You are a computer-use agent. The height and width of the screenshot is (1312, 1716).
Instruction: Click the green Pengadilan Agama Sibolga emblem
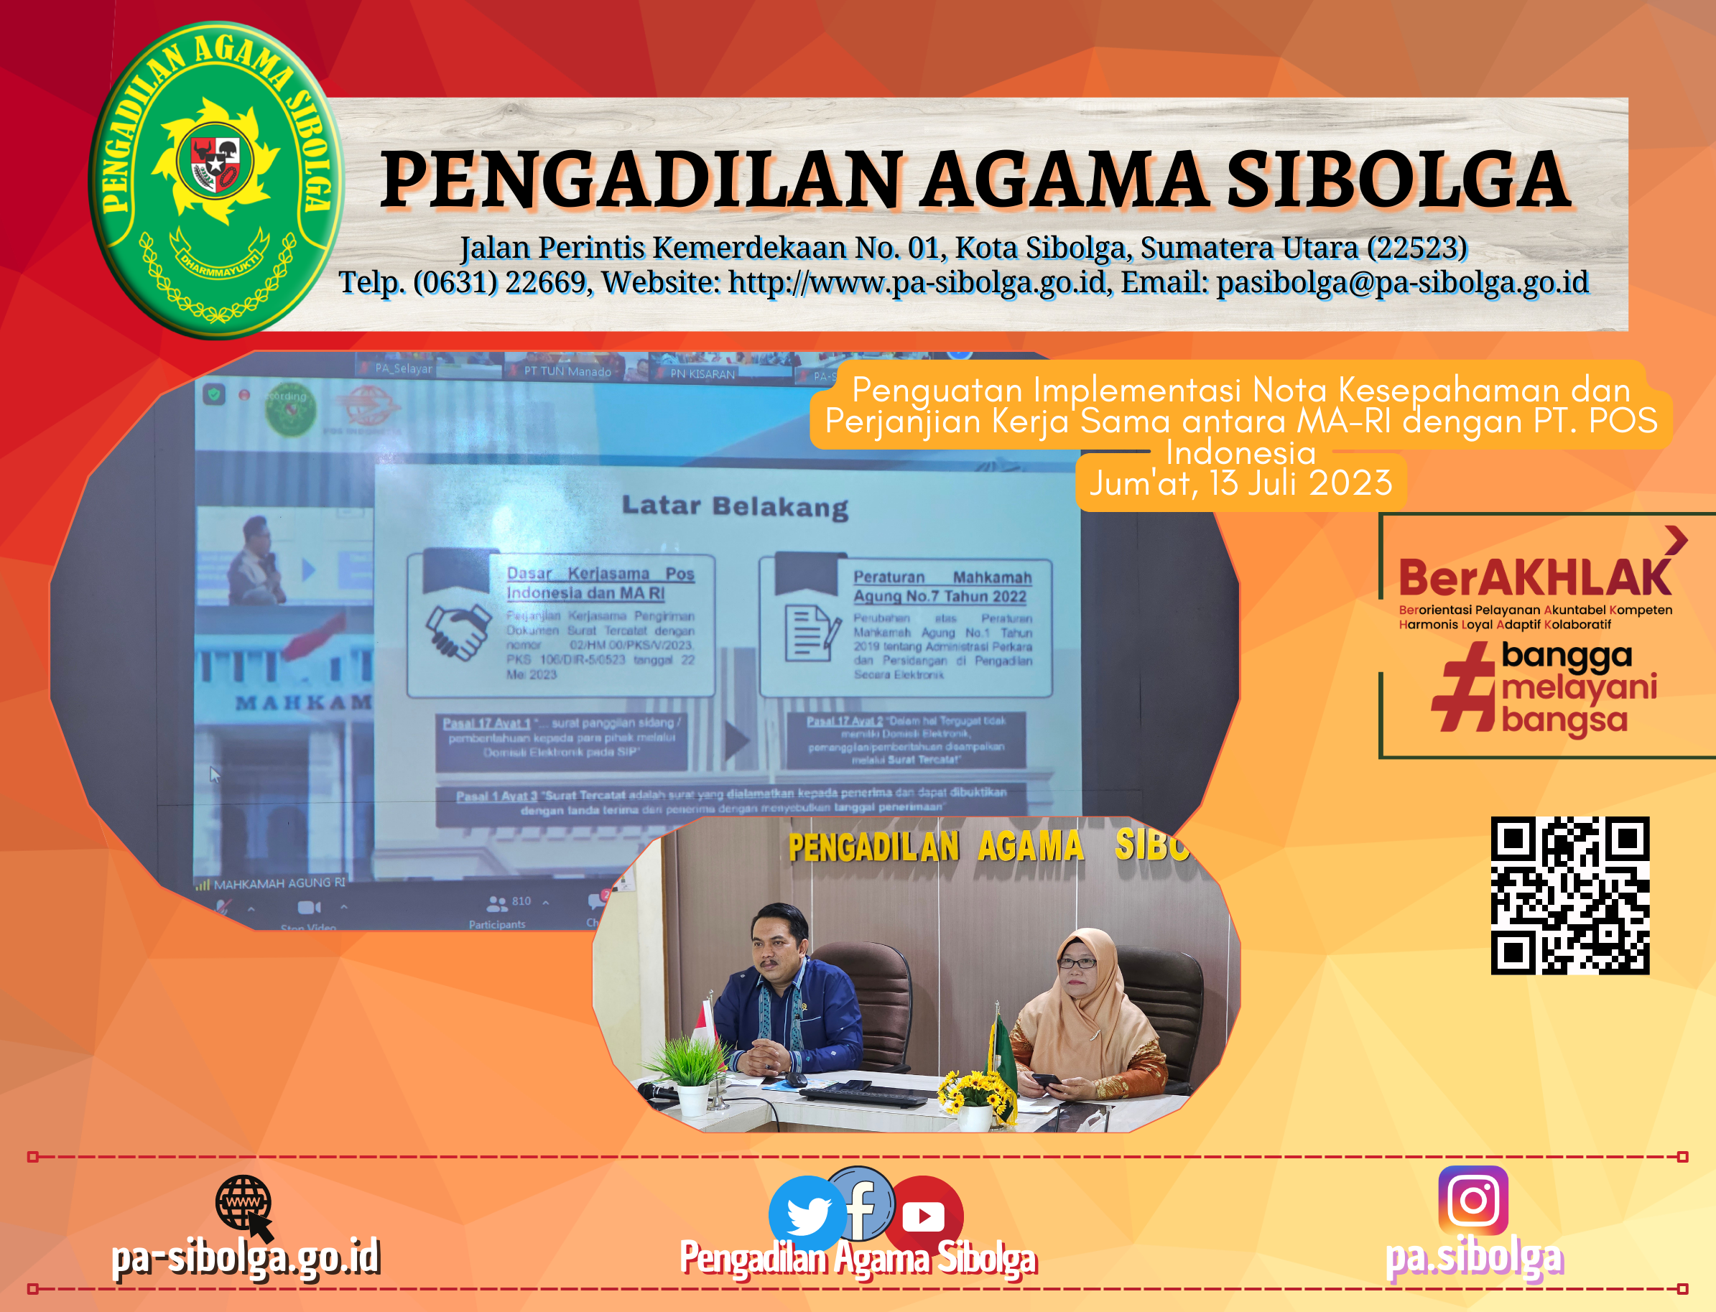click(216, 180)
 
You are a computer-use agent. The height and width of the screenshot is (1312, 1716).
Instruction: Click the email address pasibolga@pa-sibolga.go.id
click(1402, 282)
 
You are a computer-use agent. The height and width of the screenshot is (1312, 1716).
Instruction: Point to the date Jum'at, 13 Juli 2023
click(1240, 483)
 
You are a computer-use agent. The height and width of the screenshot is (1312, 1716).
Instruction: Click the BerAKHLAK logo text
click(1534, 579)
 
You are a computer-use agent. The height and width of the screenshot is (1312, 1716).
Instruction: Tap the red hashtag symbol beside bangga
click(1464, 687)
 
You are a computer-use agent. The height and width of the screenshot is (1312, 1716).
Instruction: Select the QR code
click(1569, 895)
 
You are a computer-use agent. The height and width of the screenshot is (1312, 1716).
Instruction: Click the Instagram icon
click(1472, 1199)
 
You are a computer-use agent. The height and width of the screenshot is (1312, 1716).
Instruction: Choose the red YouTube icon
click(924, 1215)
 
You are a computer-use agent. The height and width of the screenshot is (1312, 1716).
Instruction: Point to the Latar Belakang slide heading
click(734, 507)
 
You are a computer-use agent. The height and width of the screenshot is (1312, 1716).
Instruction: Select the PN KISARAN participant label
click(702, 374)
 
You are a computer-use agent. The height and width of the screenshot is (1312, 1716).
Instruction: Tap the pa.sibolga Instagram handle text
click(1474, 1258)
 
